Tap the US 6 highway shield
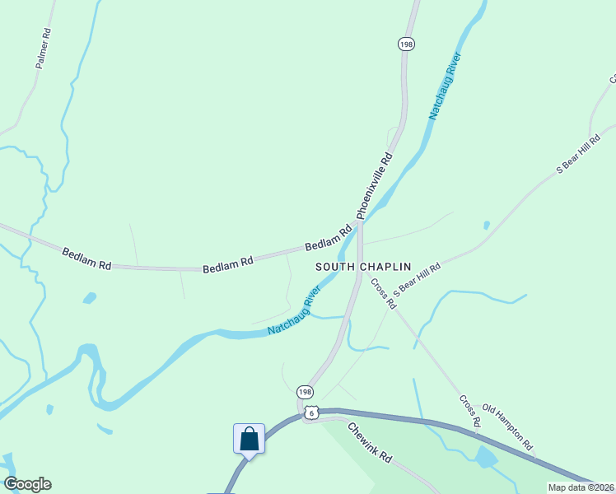[310, 410]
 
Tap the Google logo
[27, 484]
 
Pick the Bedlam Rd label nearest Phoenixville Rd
[329, 240]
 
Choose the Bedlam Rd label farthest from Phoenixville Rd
[86, 259]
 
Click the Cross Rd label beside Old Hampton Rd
[470, 411]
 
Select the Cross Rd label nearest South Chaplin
[383, 293]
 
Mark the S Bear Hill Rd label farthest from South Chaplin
[581, 157]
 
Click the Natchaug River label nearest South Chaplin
[293, 311]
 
